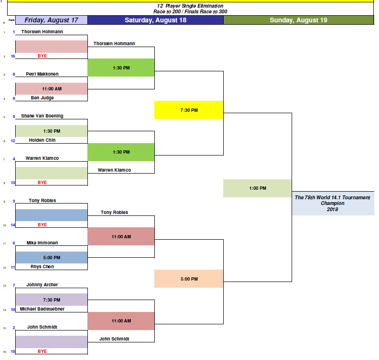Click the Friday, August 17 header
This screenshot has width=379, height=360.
[x=51, y=20]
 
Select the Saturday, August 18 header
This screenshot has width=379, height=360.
[x=155, y=20]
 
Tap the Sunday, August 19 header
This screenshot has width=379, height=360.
[x=298, y=20]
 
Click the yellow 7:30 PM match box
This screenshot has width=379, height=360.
[x=189, y=110]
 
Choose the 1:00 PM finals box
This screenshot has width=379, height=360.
[x=257, y=188]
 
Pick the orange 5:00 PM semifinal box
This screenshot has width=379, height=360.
[x=189, y=279]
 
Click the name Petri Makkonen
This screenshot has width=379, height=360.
[x=42, y=74]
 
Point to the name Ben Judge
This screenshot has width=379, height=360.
[x=42, y=98]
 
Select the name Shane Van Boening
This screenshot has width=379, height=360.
[x=42, y=116]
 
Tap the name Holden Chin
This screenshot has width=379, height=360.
[x=42, y=140]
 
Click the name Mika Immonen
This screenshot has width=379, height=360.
[x=42, y=243]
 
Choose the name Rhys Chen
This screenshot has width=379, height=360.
[x=42, y=267]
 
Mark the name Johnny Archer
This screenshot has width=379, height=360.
[x=42, y=285]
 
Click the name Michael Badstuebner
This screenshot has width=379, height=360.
[x=42, y=309]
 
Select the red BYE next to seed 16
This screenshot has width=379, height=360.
[x=42, y=56]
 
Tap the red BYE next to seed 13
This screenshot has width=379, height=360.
[x=42, y=182]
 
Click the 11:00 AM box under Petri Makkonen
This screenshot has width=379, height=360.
[x=51, y=89]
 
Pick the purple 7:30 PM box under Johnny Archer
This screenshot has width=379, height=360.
[x=51, y=300]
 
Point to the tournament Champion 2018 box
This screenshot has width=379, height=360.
[x=332, y=203]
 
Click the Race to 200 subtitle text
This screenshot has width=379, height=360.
[x=190, y=11]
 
